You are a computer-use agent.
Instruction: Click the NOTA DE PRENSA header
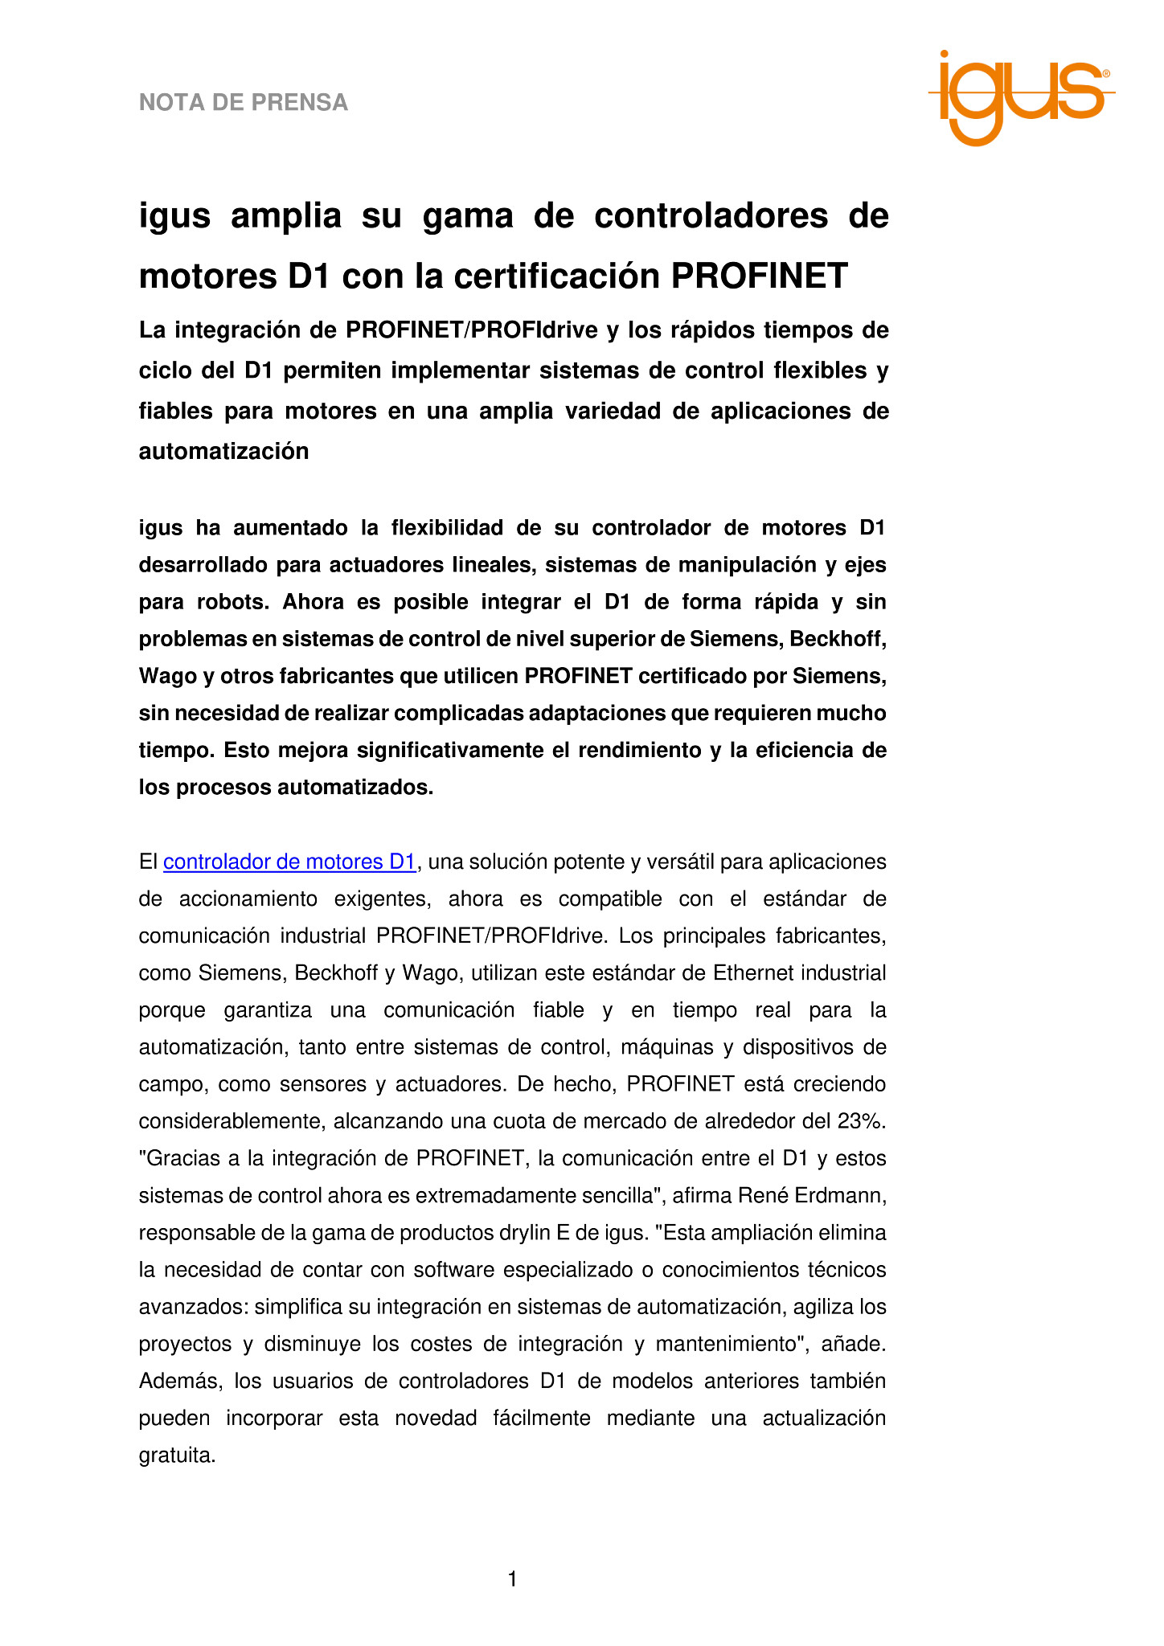[x=244, y=103]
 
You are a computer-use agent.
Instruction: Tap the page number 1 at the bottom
[x=513, y=1579]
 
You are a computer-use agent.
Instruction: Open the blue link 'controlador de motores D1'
[x=289, y=862]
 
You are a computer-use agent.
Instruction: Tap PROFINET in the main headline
[x=759, y=276]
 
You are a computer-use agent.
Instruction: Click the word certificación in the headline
[x=556, y=276]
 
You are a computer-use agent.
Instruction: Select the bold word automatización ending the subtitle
[x=224, y=452]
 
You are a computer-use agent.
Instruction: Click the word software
[x=432, y=1269]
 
